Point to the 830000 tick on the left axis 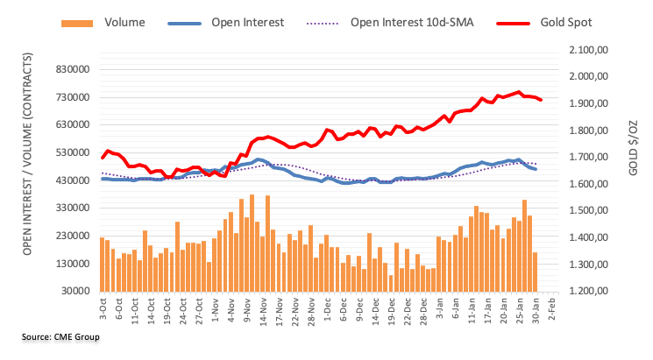pos(73,69)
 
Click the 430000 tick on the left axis pos(73,180)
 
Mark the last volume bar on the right pos(535,272)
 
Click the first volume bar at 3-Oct pos(103,264)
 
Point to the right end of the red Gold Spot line pos(541,100)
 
